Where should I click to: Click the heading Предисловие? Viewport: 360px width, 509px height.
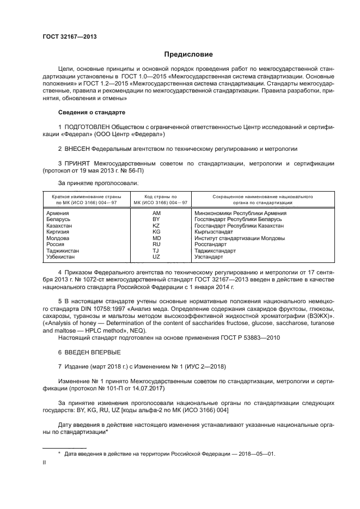coord(189,54)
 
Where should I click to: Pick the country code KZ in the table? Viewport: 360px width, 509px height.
coord(156,225)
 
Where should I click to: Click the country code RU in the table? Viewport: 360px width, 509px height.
coord(156,244)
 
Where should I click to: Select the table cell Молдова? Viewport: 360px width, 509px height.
coord(58,238)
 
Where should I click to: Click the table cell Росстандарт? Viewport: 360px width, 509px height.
coord(211,244)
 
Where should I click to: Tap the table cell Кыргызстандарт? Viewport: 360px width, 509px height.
coord(216,232)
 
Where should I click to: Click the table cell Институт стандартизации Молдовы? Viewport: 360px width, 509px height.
coord(239,238)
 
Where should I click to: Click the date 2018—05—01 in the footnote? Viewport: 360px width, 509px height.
coord(257,453)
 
